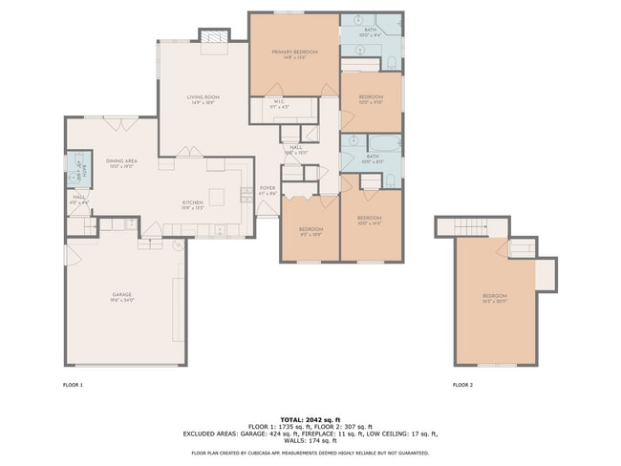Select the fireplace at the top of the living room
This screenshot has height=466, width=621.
click(x=213, y=36)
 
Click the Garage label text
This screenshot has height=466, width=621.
click(x=122, y=296)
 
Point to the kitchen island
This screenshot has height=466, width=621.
click(x=218, y=197)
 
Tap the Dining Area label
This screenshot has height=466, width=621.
click(x=122, y=162)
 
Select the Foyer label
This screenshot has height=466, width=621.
click(x=268, y=189)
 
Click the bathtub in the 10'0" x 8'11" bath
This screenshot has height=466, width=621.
click(x=385, y=144)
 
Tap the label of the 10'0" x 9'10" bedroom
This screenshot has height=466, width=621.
click(x=371, y=98)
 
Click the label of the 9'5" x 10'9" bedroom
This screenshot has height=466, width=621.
click(x=310, y=230)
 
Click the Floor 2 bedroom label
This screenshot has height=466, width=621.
click(x=494, y=298)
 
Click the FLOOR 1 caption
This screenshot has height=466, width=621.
click(x=75, y=385)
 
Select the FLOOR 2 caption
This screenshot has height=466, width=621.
click(x=462, y=385)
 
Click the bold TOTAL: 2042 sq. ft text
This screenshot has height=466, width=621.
click(x=310, y=418)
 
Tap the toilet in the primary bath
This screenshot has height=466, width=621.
click(x=391, y=63)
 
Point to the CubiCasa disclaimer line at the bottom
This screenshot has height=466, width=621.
click(x=310, y=453)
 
